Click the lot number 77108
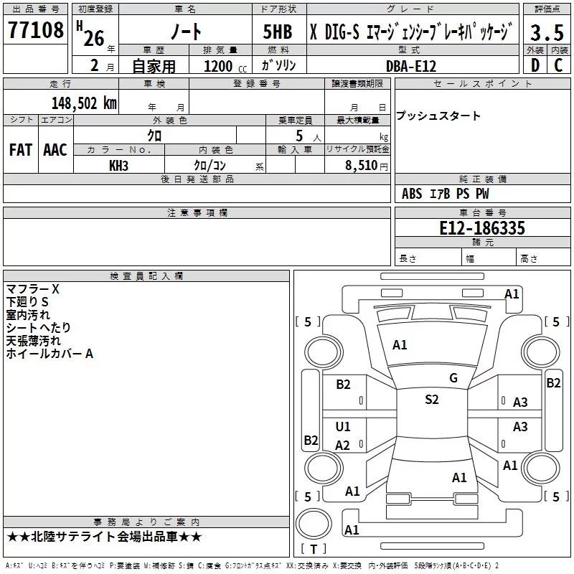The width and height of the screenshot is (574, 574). point(36,31)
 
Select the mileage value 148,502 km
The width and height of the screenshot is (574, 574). point(83,103)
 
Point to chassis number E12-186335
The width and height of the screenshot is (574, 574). point(481,228)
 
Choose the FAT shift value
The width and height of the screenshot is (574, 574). point(20,150)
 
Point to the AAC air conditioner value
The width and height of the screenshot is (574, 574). point(55,150)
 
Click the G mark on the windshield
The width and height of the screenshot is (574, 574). point(453,377)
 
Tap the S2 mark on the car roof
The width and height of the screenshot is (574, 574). point(431,400)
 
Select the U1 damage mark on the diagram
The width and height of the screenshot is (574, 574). point(343,427)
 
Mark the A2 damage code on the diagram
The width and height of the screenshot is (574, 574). point(343,446)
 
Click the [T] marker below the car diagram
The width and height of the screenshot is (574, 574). point(314,549)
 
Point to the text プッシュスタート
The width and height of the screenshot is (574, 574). point(438,116)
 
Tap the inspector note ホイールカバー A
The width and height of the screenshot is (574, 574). point(50,354)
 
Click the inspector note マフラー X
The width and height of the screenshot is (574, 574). point(33,289)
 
